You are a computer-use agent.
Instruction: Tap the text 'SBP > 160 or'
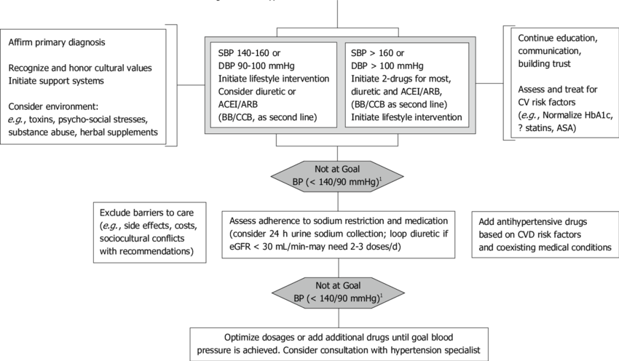[381, 54]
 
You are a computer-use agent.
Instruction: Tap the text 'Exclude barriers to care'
[146, 213]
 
